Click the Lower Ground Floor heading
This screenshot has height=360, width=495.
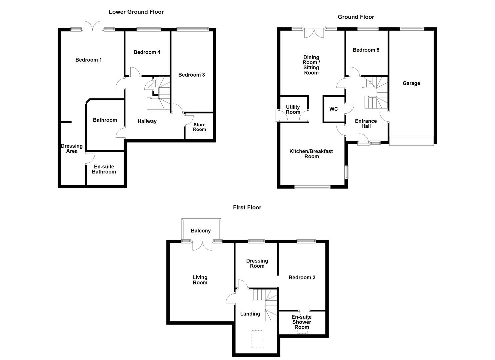136,12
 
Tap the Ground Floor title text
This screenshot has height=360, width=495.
356,17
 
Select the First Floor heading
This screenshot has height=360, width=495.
247,207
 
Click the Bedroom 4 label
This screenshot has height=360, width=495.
147,52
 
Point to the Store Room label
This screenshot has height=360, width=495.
199,127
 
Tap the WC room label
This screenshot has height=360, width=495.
333,109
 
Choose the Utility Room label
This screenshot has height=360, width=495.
293,109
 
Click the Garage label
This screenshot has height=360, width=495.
411,83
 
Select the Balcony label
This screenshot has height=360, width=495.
201,231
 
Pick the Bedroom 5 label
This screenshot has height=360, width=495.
366,50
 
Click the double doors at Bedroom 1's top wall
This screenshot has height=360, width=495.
93,27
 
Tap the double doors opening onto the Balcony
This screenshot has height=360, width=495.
202,245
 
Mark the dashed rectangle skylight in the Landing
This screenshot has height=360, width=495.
257,339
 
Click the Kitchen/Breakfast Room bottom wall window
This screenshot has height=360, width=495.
312,187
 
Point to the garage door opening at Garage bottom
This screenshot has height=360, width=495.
411,140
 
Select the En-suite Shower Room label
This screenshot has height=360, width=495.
301,322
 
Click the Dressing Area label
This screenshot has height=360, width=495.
72,148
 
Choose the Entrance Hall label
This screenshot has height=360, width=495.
366,124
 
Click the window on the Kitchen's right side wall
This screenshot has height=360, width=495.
347,172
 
